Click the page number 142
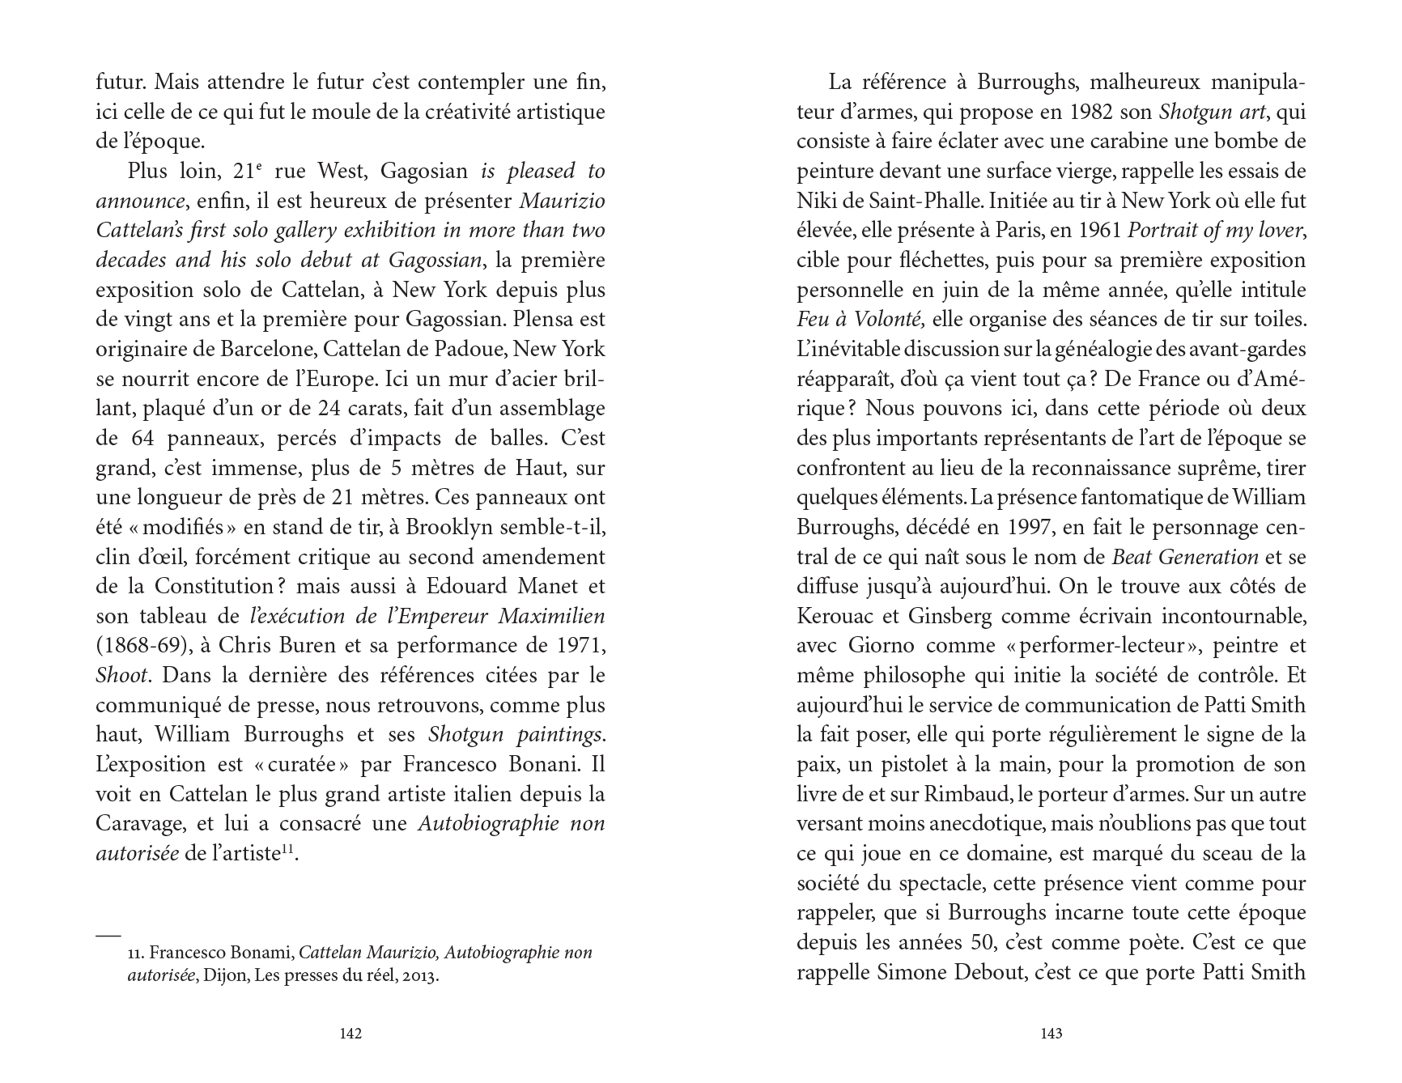(x=350, y=1033)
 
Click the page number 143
(x=1051, y=1033)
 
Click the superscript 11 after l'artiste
(x=289, y=849)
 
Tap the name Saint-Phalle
(x=922, y=201)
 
